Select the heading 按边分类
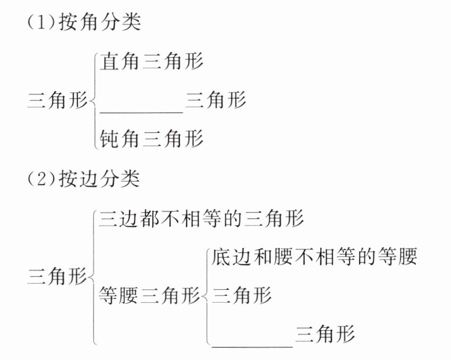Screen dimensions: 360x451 pyautogui.click(x=100, y=179)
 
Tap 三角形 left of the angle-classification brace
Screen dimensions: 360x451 pyautogui.click(x=57, y=100)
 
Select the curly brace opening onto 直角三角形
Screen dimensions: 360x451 pyautogui.click(x=94, y=100)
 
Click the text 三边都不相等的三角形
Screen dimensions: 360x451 pyautogui.click(x=201, y=219)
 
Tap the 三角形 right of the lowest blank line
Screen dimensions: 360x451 pyautogui.click(x=325, y=335)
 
